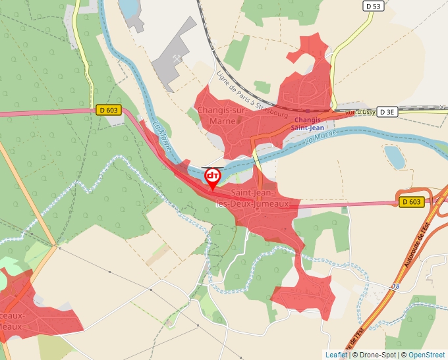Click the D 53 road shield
coord(374,6)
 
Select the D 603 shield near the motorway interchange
coord(412,202)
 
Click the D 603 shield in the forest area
coord(109,111)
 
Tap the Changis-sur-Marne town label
coord(222,115)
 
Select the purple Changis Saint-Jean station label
coord(307,124)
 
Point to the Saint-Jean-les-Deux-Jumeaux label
coord(252,198)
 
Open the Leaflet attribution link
coord(336,355)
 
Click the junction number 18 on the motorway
coord(395,286)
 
